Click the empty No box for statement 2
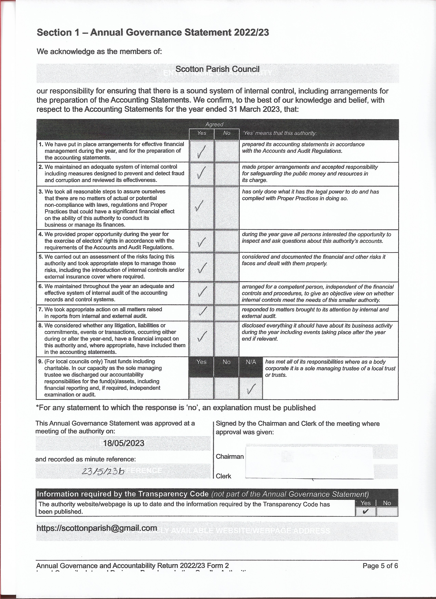[227, 174]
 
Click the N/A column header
[251, 362]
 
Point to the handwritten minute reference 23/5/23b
[103, 471]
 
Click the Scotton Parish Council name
[217, 69]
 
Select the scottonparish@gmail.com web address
[97, 528]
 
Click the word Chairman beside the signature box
[229, 456]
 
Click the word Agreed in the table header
[214, 124]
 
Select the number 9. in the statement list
[41, 361]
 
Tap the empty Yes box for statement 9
[201, 388]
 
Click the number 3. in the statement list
[41, 191]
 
